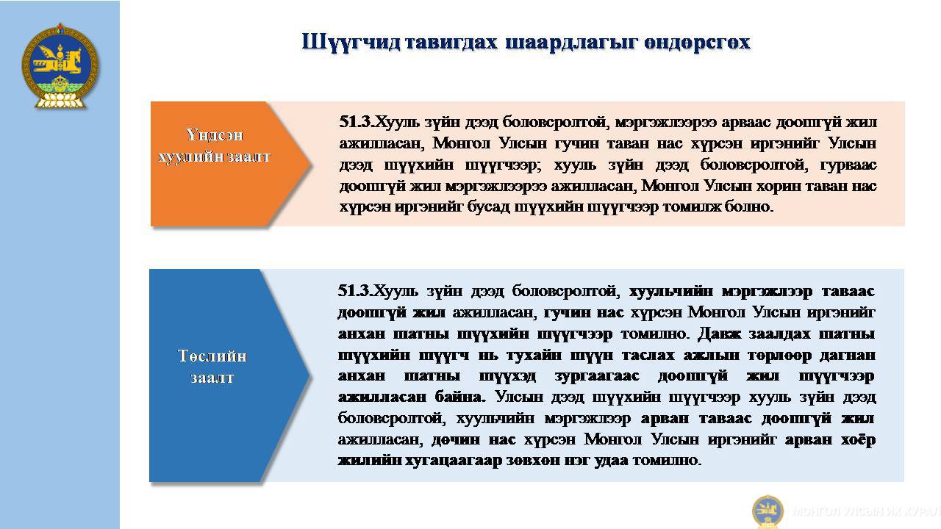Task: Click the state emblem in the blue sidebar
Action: pyautogui.click(x=60, y=66)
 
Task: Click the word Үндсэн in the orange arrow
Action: pyautogui.click(x=214, y=134)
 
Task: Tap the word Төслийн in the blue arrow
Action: pyautogui.click(x=212, y=356)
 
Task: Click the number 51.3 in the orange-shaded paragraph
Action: pyautogui.click(x=355, y=122)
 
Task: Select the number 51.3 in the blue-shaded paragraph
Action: pyautogui.click(x=354, y=290)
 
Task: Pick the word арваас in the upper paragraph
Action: pyautogui.click(x=746, y=122)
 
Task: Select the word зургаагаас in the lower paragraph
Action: pyautogui.click(x=597, y=375)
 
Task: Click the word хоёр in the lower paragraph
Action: pyautogui.click(x=858, y=439)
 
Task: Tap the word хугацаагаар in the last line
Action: pyautogui.click(x=454, y=461)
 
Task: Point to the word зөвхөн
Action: pyautogui.click(x=532, y=461)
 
